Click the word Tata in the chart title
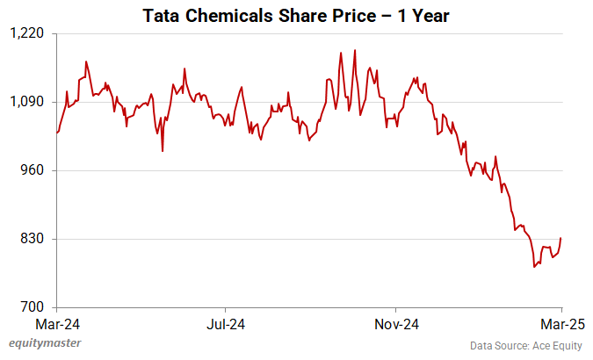(163, 16)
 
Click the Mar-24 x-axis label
(57, 323)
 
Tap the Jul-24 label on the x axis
(226, 323)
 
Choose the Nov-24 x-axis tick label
(395, 323)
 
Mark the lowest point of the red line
(534, 267)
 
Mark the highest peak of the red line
(355, 50)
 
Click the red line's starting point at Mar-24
(57, 133)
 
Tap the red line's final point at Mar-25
(560, 238)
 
